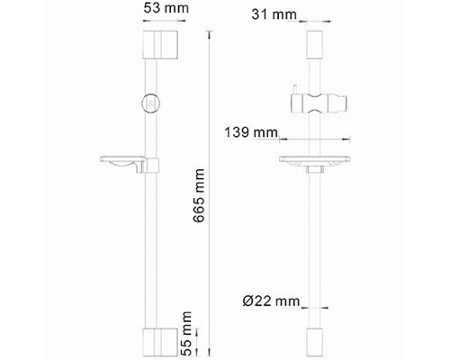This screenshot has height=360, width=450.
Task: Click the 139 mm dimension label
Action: [249, 132]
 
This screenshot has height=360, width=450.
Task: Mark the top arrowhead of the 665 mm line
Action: [209, 31]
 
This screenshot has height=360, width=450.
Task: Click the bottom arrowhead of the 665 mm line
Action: [209, 352]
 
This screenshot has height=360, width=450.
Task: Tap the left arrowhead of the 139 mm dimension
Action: [282, 139]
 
